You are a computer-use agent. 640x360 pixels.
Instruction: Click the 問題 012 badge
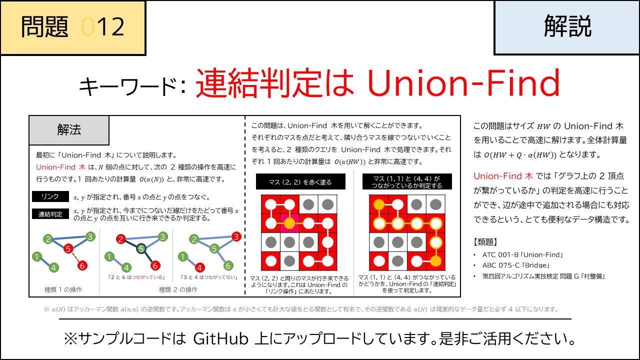pos(73,27)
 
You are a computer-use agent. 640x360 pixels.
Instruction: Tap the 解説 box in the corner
pos(567,27)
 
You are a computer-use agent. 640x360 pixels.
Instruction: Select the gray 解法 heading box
pos(69,130)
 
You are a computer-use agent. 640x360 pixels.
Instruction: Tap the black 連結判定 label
pos(50,214)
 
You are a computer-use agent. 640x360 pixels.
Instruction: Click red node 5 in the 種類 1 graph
pos(68,247)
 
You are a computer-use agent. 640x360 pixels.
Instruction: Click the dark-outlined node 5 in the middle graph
pos(141,248)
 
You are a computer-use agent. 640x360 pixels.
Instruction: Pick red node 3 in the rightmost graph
pos(237,236)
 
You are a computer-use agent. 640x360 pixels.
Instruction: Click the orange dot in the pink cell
pos(289,223)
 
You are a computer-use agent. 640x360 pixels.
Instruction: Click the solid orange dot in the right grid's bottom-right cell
pos(435,260)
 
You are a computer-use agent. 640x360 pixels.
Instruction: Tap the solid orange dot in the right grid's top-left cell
pos(379,204)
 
